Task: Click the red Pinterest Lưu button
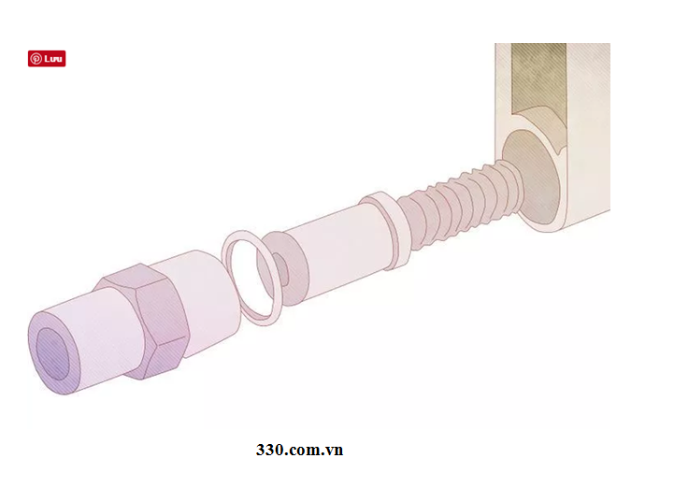pyautogui.click(x=47, y=59)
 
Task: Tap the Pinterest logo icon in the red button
pyautogui.click(x=36, y=59)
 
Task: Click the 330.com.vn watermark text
pyautogui.click(x=299, y=450)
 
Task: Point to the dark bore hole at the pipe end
pyautogui.click(x=52, y=354)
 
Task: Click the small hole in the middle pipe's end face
pyautogui.click(x=281, y=270)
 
